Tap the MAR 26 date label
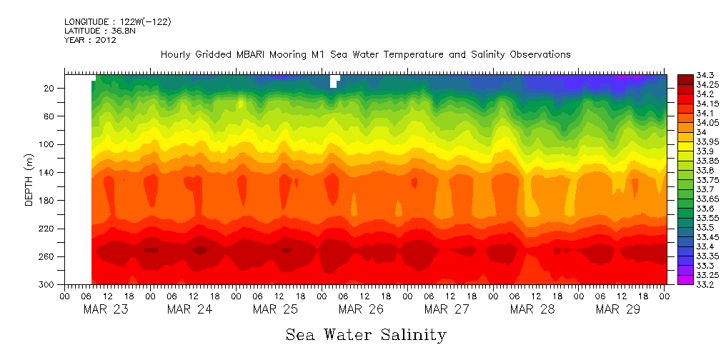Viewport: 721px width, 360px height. pyautogui.click(x=361, y=309)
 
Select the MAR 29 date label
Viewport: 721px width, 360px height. pyautogui.click(x=618, y=309)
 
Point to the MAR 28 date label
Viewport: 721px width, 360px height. pyautogui.click(x=532, y=309)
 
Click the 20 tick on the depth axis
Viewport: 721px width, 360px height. pyautogui.click(x=50, y=88)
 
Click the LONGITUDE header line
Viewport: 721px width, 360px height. pyautogui.click(x=117, y=21)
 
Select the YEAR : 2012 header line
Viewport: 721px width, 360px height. pyautogui.click(x=90, y=40)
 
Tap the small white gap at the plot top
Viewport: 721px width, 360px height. pyautogui.click(x=334, y=81)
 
